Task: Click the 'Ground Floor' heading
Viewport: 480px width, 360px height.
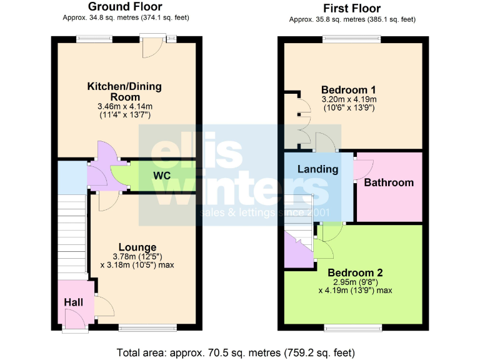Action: point(126,7)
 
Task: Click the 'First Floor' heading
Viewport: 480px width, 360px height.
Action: point(352,8)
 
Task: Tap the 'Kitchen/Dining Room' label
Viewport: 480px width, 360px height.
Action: point(126,91)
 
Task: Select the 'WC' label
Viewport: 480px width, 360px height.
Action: point(162,176)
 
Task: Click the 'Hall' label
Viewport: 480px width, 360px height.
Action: point(73,302)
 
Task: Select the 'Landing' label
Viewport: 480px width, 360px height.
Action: point(317,169)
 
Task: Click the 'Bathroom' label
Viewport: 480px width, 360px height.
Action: point(389,182)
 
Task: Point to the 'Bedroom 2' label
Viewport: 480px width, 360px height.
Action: point(355,272)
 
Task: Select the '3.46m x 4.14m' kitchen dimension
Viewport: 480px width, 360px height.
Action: point(126,107)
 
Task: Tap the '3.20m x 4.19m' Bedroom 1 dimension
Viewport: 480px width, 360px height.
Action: point(349,99)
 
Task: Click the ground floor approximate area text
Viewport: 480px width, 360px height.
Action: point(126,17)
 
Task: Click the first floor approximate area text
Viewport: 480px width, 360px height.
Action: point(352,19)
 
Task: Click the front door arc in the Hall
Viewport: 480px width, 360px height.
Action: point(75,319)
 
